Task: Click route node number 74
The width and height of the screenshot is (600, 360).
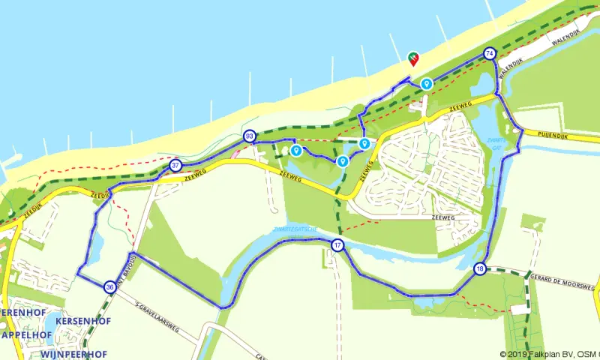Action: (x=490, y=53)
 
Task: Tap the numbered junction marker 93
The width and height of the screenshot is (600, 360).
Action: (x=249, y=136)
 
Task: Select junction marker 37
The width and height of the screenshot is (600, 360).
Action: (x=175, y=165)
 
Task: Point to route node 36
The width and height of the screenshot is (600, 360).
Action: (x=110, y=286)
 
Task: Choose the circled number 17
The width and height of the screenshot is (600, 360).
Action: (x=337, y=245)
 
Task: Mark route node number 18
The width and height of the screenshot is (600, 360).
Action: (x=480, y=268)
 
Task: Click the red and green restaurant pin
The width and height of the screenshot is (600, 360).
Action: (x=412, y=58)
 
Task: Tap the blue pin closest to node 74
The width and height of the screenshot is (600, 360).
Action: (x=426, y=83)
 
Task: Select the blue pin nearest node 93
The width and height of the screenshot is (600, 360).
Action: (x=296, y=150)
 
